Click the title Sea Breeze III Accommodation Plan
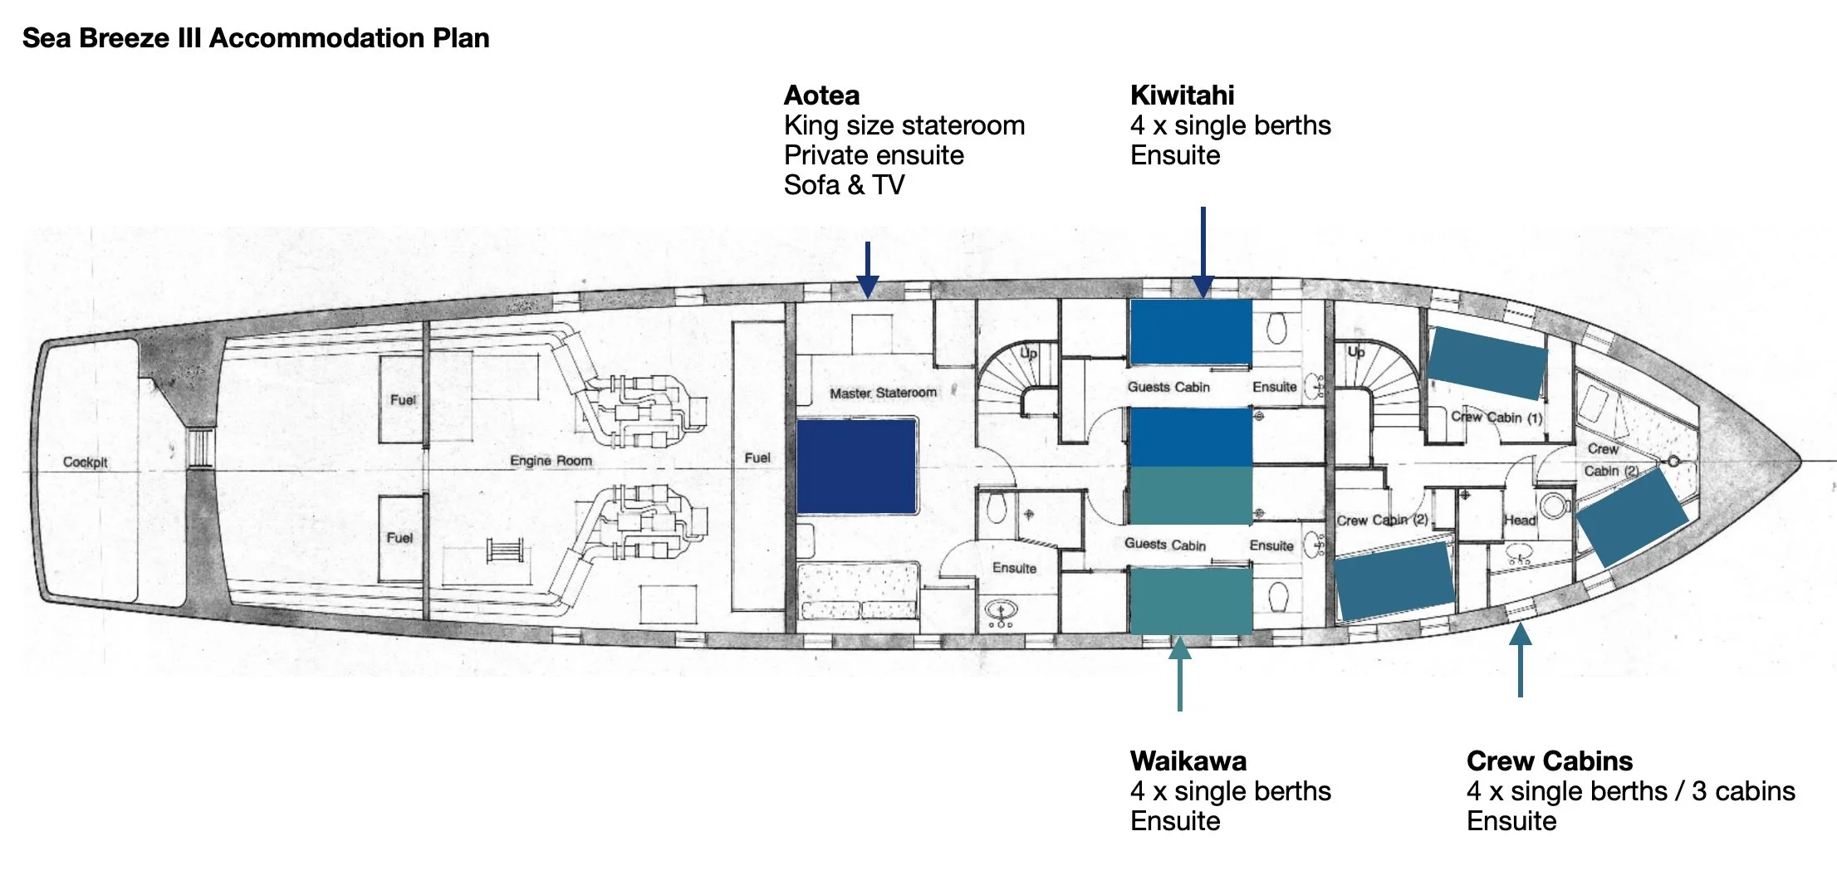[255, 38]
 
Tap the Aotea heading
[821, 95]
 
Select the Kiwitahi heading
[1182, 95]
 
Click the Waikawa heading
[1188, 760]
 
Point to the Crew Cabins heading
[1549, 760]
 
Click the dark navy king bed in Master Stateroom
[856, 467]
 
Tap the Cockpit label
[85, 462]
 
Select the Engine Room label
[551, 461]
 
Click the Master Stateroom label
[883, 393]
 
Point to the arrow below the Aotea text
[868, 270]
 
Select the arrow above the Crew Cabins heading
[1520, 659]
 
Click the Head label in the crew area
[1520, 521]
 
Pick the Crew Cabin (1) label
[1496, 417]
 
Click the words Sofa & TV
[844, 185]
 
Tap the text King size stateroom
[904, 125]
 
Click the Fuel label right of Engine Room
[757, 457]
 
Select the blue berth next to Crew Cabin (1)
[1487, 362]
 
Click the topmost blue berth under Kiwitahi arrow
[1191, 331]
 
